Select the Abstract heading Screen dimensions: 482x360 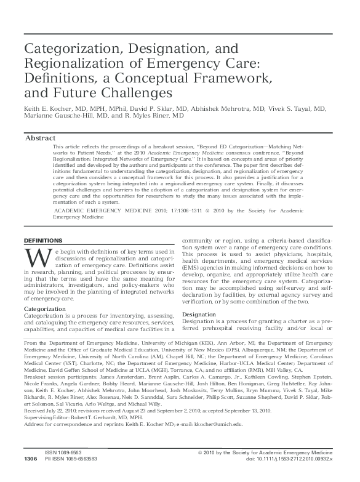click(x=40, y=138)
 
